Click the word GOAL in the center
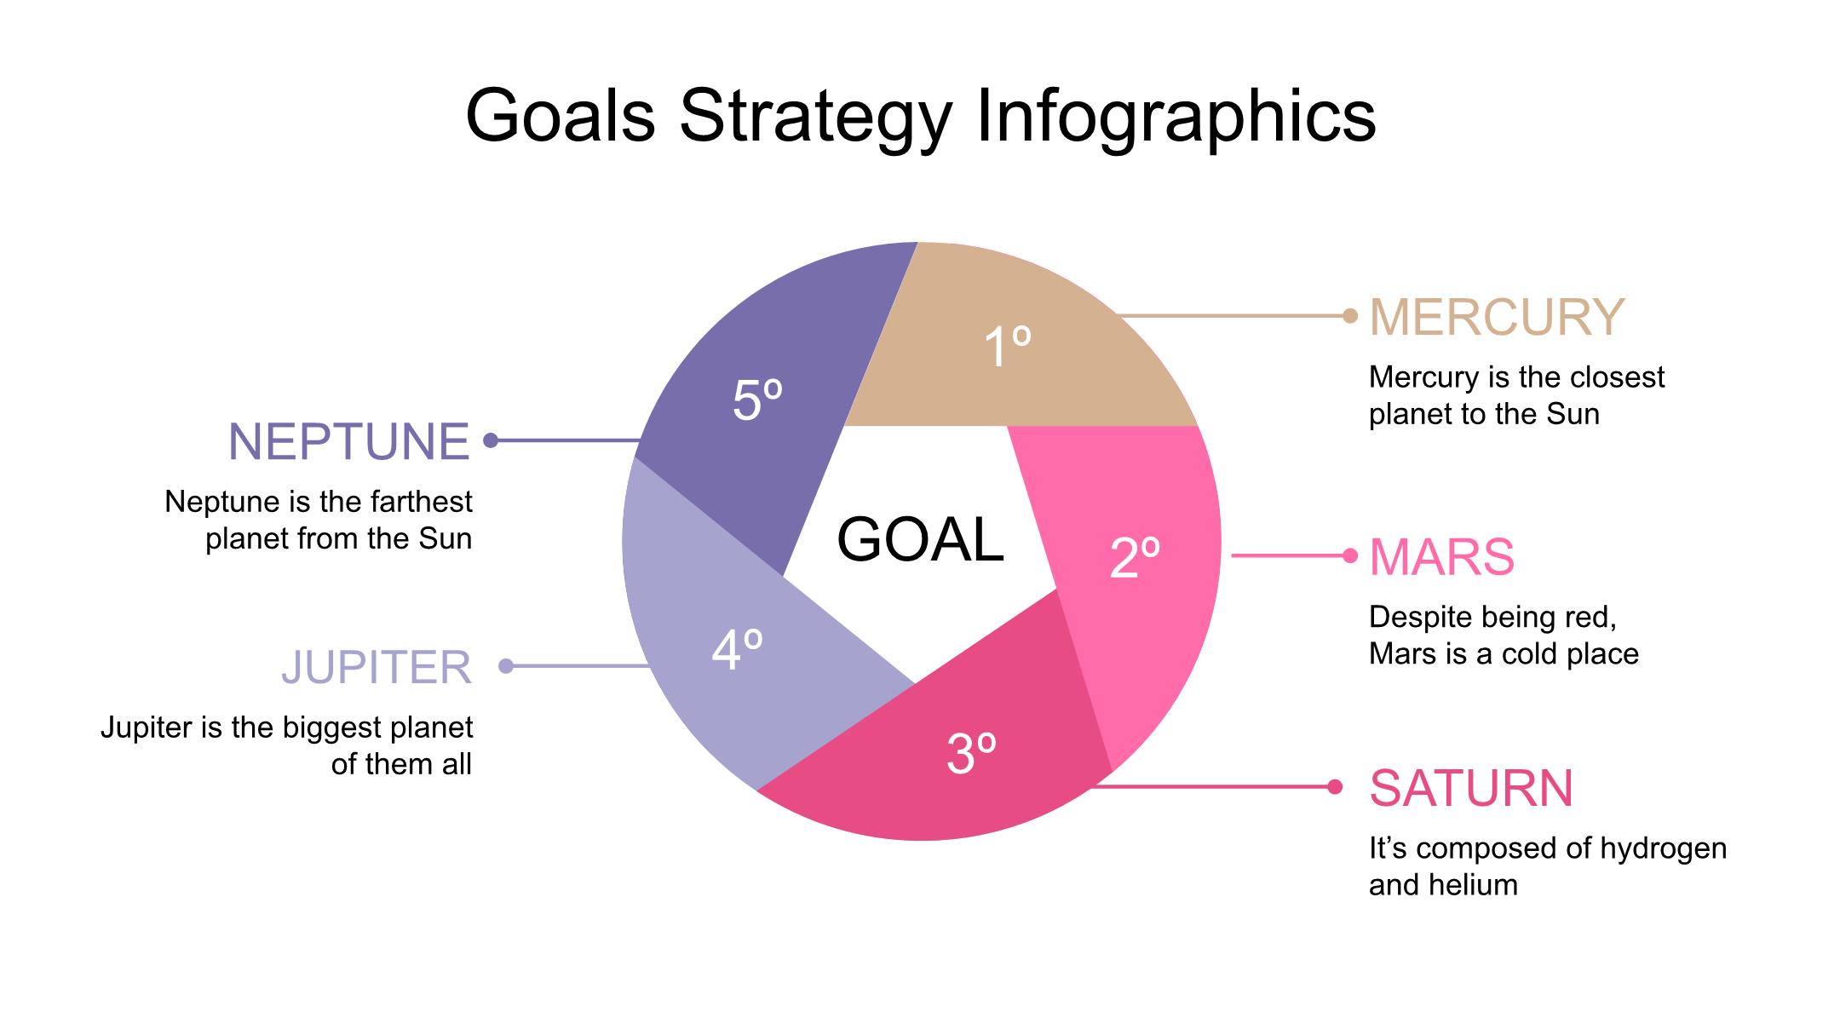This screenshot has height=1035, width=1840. pyautogui.click(x=920, y=539)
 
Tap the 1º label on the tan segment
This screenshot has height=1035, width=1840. pyautogui.click(x=1008, y=347)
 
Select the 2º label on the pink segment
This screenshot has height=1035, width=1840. pyautogui.click(x=1135, y=557)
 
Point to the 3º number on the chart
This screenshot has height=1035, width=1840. pyautogui.click(x=971, y=753)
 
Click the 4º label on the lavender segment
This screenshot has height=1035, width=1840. pyautogui.click(x=737, y=650)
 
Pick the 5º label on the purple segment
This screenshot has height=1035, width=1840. pyautogui.click(x=757, y=400)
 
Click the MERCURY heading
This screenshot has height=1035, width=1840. pyautogui.click(x=1497, y=317)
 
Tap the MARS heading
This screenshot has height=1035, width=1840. pyautogui.click(x=1441, y=557)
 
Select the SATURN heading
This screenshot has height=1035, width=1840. pyautogui.click(x=1471, y=788)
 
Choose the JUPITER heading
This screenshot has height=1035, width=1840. pyautogui.click(x=377, y=666)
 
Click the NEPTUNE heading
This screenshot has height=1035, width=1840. pyautogui.click(x=349, y=441)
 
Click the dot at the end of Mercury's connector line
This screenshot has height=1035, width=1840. pyautogui.click(x=1349, y=316)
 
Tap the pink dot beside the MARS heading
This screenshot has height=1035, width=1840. pyautogui.click(x=1349, y=555)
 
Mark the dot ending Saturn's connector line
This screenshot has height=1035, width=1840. pyautogui.click(x=1335, y=786)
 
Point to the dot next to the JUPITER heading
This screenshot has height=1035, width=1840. pyautogui.click(x=506, y=665)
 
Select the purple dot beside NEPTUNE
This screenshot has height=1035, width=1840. pyautogui.click(x=491, y=440)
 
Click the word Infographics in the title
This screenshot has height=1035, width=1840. pyautogui.click(x=1176, y=117)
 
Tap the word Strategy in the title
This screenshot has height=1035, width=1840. pyautogui.click(x=814, y=117)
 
